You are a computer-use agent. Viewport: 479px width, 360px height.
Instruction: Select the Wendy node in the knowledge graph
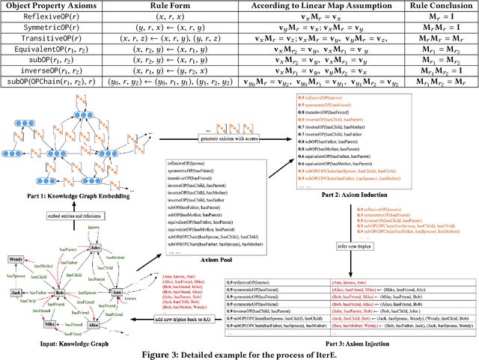tap(16, 260)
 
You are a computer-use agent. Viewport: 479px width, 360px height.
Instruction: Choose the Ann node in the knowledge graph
tap(116, 292)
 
